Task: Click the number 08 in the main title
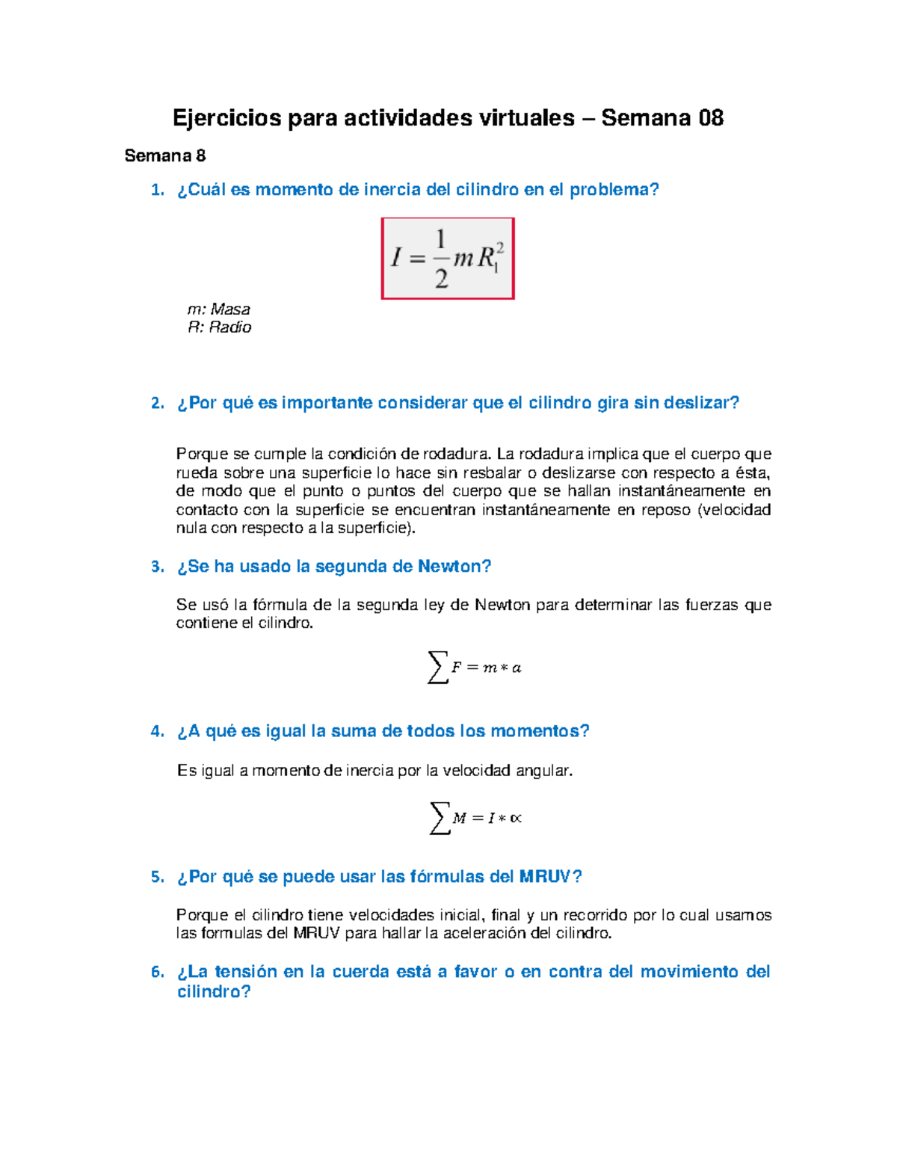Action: click(x=710, y=118)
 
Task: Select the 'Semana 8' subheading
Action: click(x=164, y=155)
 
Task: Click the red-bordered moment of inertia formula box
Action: click(x=448, y=259)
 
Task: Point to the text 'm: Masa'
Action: click(x=218, y=309)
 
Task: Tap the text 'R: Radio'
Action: click(x=219, y=327)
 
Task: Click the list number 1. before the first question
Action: click(x=157, y=190)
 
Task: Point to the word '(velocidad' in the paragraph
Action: click(x=734, y=510)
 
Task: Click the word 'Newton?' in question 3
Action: click(x=454, y=567)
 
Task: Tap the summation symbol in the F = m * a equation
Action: click(x=437, y=667)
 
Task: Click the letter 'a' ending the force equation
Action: click(x=517, y=668)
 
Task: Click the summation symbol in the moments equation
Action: click(x=440, y=818)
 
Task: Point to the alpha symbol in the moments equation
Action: click(x=516, y=819)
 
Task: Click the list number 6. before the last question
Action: click(x=157, y=972)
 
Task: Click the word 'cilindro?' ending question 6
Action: click(x=214, y=992)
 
